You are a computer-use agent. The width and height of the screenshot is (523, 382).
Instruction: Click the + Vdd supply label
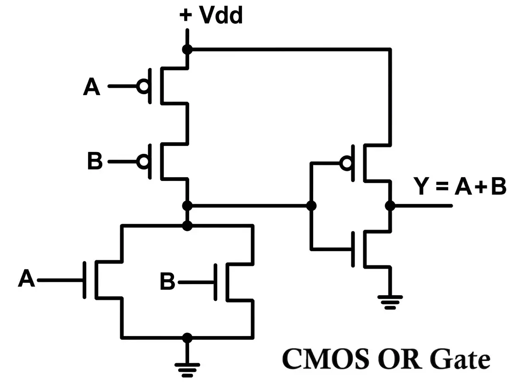coord(211,16)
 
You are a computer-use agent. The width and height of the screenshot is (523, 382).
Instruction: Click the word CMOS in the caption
coord(324,359)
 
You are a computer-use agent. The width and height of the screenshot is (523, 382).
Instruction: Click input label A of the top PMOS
coord(92,87)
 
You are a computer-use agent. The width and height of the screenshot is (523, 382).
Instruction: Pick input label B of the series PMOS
coord(95,162)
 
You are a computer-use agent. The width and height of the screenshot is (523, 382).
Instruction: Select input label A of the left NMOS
coord(27,279)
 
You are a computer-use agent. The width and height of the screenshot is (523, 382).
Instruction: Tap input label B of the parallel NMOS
coord(168,282)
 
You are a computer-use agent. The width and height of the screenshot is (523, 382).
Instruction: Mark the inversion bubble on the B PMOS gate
coord(144,161)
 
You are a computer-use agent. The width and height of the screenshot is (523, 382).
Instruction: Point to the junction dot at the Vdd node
coord(187,49)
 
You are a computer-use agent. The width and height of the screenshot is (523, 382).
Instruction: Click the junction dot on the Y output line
coord(390,206)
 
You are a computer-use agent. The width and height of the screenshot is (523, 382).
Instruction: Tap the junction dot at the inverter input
coord(311,206)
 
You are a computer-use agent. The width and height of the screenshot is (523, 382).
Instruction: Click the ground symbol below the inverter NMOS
coord(390,300)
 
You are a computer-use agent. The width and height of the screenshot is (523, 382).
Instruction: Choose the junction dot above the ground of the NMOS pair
coord(187,338)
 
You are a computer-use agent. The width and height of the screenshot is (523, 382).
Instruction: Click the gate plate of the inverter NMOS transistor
coord(353,249)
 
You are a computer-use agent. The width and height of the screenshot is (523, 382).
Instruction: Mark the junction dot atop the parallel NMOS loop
coord(187,225)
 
